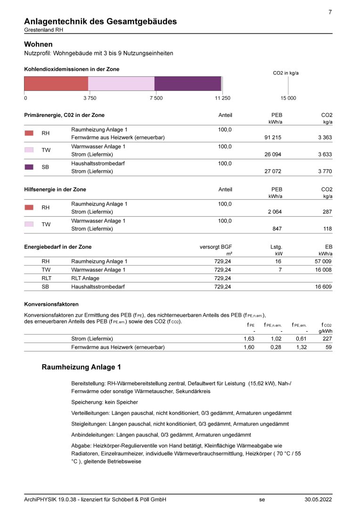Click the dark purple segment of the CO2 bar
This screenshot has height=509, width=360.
188,83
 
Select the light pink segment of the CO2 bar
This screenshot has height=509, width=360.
121,83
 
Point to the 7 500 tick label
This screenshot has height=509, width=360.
156,98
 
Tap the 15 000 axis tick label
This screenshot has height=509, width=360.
288,98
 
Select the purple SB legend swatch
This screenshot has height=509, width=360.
29,167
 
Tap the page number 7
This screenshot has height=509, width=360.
330,12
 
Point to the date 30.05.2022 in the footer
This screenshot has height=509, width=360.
318,500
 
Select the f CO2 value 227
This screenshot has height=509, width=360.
327,339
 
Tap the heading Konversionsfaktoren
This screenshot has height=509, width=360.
51,304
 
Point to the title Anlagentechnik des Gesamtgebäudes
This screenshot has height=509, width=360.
100,21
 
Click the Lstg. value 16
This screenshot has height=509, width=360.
278,262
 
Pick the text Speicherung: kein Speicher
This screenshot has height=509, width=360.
104,402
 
